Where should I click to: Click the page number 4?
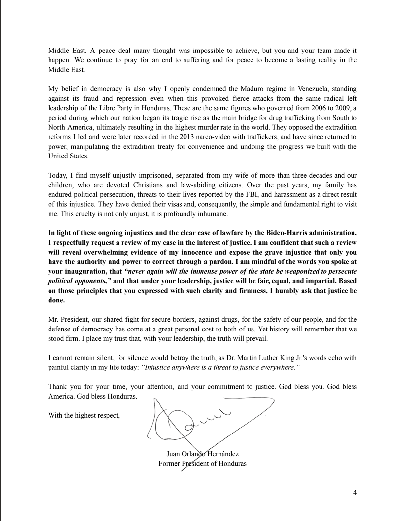tap(355, 493)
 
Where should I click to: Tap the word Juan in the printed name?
tap(173, 454)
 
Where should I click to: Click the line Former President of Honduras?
tap(202, 463)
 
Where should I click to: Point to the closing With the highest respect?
tap(84, 415)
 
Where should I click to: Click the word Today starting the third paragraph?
tap(58, 175)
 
